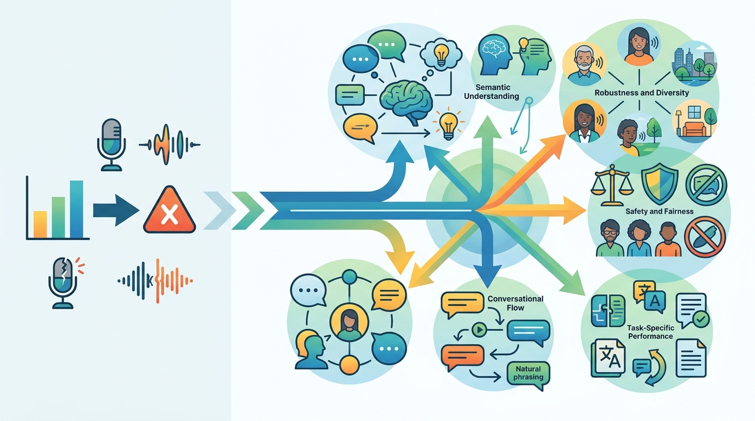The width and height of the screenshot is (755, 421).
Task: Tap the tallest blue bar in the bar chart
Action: point(77,209)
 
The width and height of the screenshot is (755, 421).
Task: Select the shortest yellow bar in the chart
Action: point(40,224)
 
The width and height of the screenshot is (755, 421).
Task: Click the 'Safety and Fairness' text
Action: point(659,211)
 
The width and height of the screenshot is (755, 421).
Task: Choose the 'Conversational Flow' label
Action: point(515,303)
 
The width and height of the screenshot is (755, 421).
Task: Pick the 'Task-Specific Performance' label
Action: point(650,331)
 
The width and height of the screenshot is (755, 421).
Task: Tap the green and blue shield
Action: point(659,184)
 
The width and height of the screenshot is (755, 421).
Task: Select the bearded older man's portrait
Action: point(584,65)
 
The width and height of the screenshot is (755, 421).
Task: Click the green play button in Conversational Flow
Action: point(480,330)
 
